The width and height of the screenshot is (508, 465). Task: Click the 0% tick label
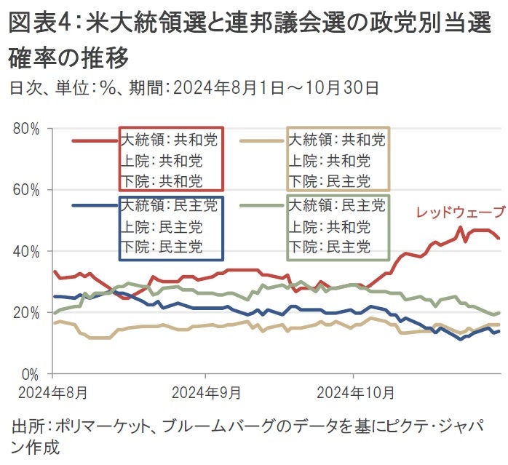pos(30,374)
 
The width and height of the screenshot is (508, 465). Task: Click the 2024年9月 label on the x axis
pos(207,393)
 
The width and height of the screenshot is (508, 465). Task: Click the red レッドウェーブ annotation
pos(459,212)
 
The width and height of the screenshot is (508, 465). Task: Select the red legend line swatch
pos(95,140)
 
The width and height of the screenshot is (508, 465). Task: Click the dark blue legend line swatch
pos(95,206)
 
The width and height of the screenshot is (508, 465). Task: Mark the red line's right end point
pos(499,238)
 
